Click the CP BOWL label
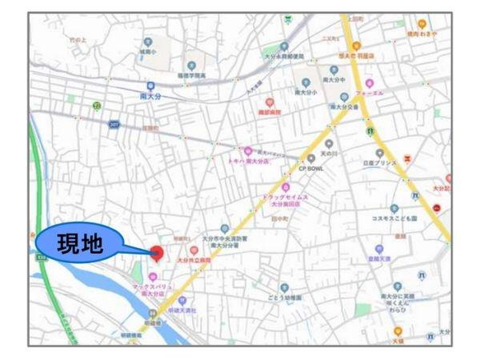point(314,169)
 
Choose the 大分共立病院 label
point(194,260)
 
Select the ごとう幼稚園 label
point(285,298)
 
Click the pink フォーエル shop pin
point(369,83)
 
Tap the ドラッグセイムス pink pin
point(285,187)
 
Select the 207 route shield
point(114,125)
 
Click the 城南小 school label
point(146,52)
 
